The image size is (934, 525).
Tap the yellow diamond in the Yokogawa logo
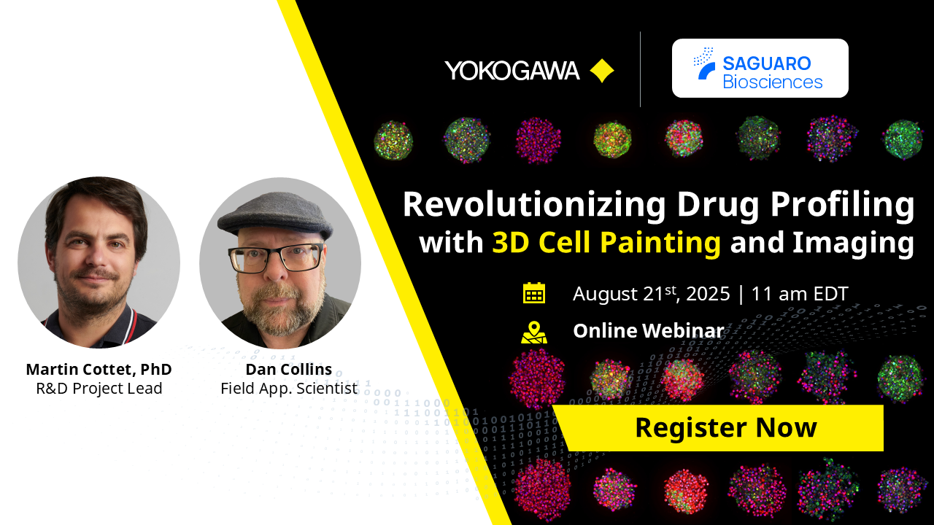point(602,71)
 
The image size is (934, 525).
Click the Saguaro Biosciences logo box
point(760,69)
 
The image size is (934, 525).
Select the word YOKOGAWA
point(512,71)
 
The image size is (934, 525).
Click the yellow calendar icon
point(534,293)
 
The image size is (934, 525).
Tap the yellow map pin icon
point(534,332)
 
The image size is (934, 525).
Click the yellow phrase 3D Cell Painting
point(606,242)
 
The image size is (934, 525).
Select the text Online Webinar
point(648,331)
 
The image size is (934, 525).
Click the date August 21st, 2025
point(651,294)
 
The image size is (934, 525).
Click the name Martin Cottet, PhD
point(99,369)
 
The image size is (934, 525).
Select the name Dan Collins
point(289,369)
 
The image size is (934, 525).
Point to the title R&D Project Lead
point(99,389)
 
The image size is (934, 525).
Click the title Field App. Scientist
point(289,389)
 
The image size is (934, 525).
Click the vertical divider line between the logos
point(640,69)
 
